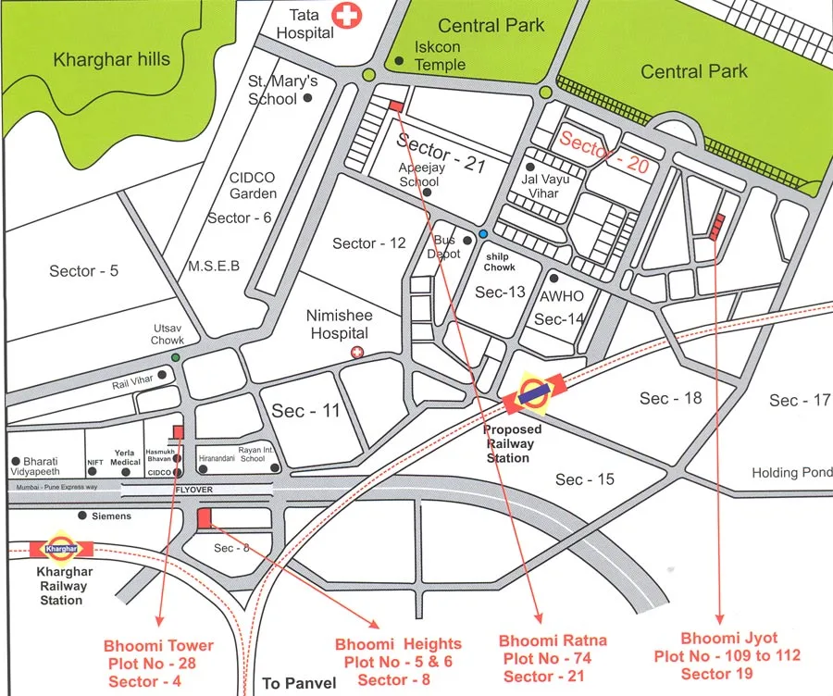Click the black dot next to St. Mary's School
tap(308, 96)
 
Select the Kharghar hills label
tap(112, 60)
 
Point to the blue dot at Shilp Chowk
tap(483, 234)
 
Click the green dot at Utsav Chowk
tap(175, 357)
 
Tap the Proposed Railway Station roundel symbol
tap(532, 392)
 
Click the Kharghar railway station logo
tap(62, 548)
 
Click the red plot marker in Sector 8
tap(205, 519)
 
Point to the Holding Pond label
tap(791, 472)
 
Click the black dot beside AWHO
tap(553, 278)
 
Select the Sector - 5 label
tap(84, 271)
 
